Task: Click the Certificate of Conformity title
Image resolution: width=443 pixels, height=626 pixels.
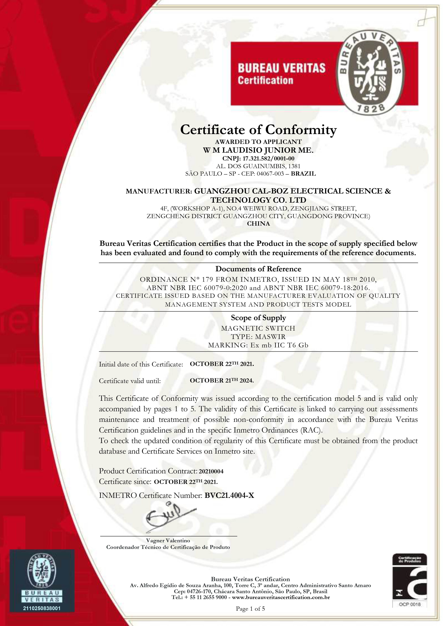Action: click(x=258, y=130)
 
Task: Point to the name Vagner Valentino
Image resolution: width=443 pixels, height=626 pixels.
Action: click(x=168, y=540)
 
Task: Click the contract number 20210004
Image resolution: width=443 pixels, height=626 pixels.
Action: click(x=211, y=471)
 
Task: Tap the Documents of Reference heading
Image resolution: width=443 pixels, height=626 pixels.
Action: click(x=258, y=269)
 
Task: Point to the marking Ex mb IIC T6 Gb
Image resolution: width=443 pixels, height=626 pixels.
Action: click(x=278, y=345)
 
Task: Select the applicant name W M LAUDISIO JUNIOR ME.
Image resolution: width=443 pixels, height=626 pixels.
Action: click(x=258, y=150)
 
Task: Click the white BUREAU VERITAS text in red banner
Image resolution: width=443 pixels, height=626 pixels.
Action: click(x=282, y=68)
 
